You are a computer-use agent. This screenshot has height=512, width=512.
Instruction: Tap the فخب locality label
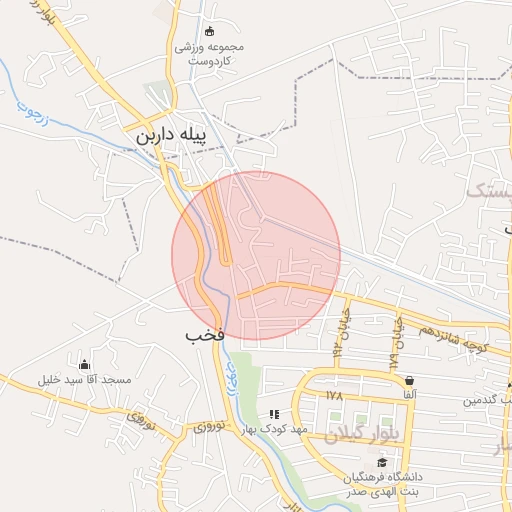click(201, 335)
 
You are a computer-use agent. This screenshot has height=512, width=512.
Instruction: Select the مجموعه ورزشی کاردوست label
click(211, 54)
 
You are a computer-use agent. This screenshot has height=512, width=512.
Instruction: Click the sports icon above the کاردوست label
click(209, 31)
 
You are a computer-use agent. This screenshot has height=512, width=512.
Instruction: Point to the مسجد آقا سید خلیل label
click(84, 381)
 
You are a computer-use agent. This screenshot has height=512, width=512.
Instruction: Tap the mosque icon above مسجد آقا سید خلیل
click(84, 364)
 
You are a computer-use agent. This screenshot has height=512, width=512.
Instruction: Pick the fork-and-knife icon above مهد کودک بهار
click(274, 413)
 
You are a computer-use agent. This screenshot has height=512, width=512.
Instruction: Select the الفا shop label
click(409, 396)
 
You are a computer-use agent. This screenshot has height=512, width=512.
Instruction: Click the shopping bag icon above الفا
click(409, 380)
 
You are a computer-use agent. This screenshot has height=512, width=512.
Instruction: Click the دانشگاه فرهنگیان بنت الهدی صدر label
click(382, 484)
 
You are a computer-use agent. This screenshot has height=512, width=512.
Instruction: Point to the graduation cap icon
click(381, 462)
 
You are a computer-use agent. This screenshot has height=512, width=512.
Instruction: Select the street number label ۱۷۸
click(334, 396)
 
